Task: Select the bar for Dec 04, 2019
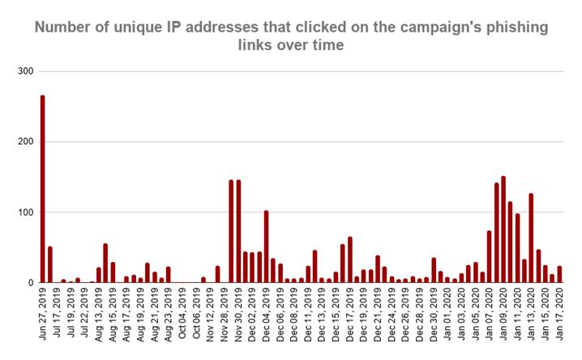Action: point(266,246)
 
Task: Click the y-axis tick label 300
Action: point(24,71)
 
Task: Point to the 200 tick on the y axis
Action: point(24,142)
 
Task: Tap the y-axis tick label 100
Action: point(24,212)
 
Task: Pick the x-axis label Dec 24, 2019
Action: point(392,311)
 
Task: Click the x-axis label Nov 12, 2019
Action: point(211,311)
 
